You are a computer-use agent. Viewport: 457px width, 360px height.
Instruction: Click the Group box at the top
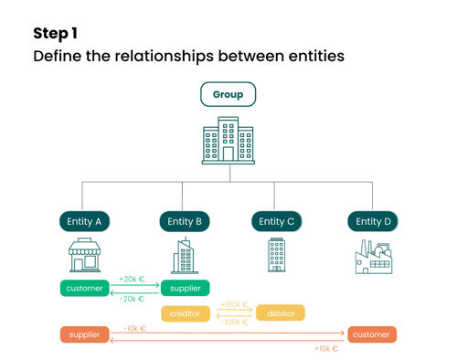coord(228,94)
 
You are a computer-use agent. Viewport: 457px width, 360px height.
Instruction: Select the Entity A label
coord(85,221)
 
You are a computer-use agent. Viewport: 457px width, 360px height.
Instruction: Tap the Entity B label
coord(185,221)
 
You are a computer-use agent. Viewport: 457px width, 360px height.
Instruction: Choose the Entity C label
coord(277,221)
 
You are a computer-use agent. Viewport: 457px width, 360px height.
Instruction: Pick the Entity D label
coord(373,221)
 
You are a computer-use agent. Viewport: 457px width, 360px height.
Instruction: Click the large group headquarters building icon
coord(228,141)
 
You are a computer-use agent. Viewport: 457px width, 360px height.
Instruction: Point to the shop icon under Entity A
coord(85,256)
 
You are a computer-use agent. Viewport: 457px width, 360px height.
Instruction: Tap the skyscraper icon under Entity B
coord(185,256)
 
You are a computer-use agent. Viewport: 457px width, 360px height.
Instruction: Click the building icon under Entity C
coord(277,255)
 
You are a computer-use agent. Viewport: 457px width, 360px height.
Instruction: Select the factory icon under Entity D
coord(373,257)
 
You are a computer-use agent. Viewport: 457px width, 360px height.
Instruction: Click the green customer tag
coord(85,289)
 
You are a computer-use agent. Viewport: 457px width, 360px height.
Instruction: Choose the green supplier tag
coord(186,289)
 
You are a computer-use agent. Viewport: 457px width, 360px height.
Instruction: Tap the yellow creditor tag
coord(186,313)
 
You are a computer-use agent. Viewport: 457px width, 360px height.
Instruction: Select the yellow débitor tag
coord(281,313)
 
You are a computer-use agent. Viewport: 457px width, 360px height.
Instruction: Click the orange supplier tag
coord(85,335)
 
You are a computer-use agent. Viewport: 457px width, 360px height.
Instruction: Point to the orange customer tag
coord(371,335)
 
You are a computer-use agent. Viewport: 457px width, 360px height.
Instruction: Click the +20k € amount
coord(132,280)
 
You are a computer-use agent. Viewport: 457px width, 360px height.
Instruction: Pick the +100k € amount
coord(235,304)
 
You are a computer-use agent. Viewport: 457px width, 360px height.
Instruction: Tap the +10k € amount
coord(326,348)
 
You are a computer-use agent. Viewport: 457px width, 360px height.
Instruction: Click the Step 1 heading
coord(55,34)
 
